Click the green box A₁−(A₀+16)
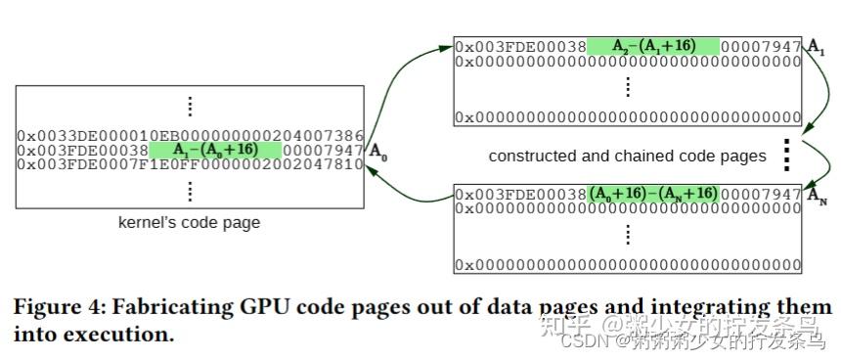pyautogui.click(x=215, y=150)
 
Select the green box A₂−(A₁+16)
pyautogui.click(x=652, y=46)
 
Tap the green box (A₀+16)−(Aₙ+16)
pyautogui.click(x=652, y=194)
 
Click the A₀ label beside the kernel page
pyautogui.click(x=378, y=152)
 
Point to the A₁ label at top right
pyautogui.click(x=816, y=47)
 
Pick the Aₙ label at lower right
pyautogui.click(x=817, y=195)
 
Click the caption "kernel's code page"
pyautogui.click(x=189, y=222)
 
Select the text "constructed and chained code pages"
pyautogui.click(x=627, y=156)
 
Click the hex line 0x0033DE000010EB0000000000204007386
pyautogui.click(x=190, y=135)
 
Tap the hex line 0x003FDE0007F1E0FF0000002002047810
pyautogui.click(x=190, y=164)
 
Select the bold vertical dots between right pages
pyautogui.click(x=784, y=154)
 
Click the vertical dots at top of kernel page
pyautogui.click(x=190, y=106)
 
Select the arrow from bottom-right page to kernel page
pyautogui.click(x=411, y=186)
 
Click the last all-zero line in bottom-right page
pyautogui.click(x=628, y=265)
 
